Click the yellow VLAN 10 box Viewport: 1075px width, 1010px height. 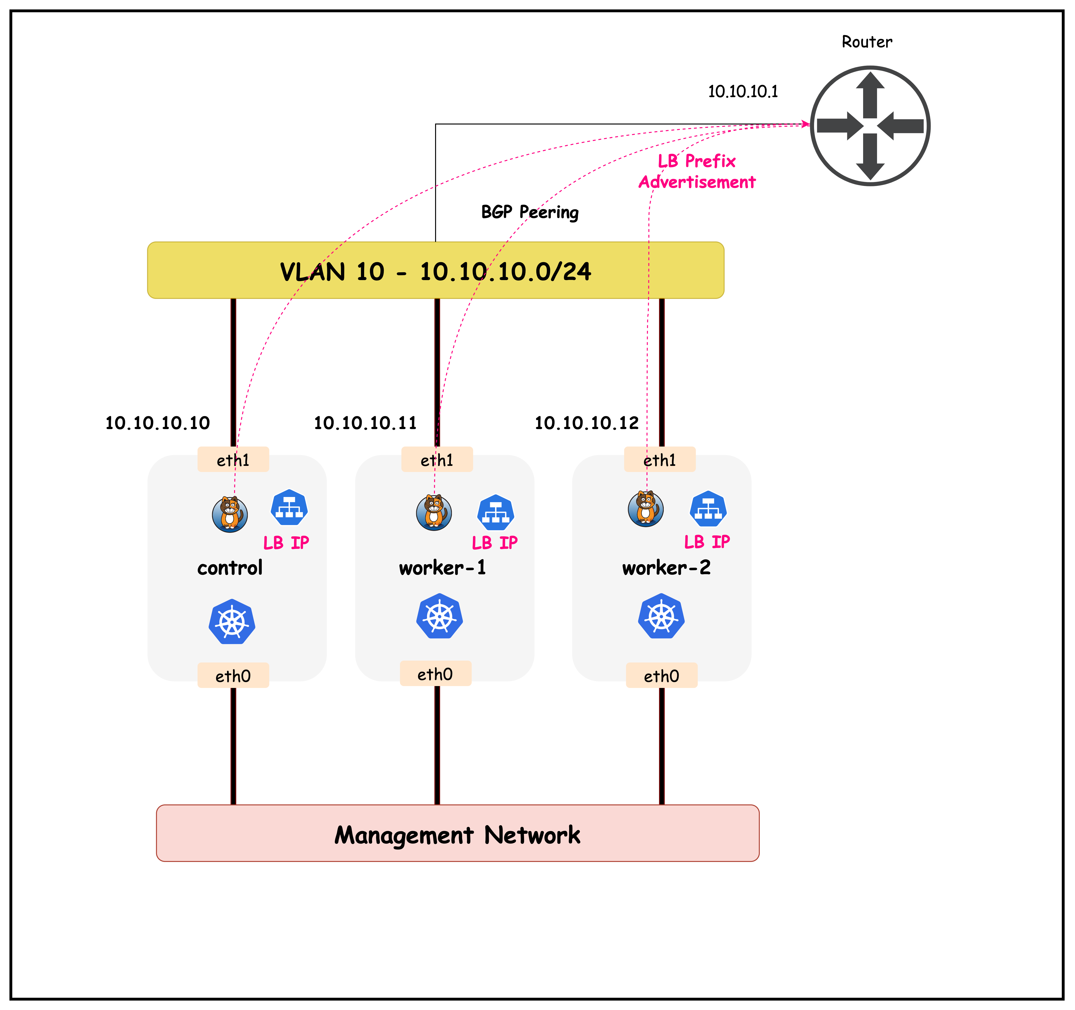(435, 270)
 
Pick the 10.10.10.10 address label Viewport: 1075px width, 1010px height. (157, 422)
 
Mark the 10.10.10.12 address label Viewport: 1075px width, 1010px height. (587, 422)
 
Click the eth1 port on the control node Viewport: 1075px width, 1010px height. (233, 460)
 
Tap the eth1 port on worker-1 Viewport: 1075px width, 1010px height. (437, 460)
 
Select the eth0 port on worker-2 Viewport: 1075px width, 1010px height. (661, 675)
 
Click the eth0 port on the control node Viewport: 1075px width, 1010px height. (233, 675)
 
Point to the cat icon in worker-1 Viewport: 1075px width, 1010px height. (434, 512)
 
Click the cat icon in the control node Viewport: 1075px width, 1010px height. (230, 514)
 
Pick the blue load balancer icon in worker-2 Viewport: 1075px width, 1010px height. (708, 509)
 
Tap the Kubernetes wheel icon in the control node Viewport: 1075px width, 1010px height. (232, 621)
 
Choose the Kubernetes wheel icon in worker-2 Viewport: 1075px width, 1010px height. (661, 616)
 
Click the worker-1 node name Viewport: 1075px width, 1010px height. (442, 567)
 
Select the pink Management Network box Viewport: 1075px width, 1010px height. (458, 833)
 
